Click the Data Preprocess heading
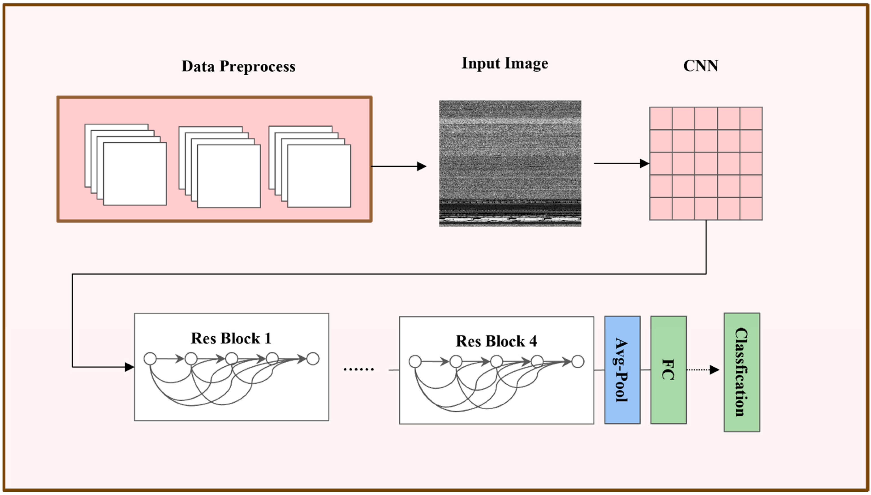(238, 66)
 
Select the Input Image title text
(505, 63)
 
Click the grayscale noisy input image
(510, 163)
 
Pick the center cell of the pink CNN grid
(706, 163)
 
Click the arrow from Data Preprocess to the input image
(398, 166)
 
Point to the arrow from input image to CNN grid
(621, 163)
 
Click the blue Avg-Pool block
(622, 370)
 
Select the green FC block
(668, 370)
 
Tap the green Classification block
(742, 372)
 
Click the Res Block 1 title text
(231, 338)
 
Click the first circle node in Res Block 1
(150, 359)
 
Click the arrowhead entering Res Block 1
(129, 367)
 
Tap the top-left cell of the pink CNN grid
(661, 118)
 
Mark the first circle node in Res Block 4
(415, 361)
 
